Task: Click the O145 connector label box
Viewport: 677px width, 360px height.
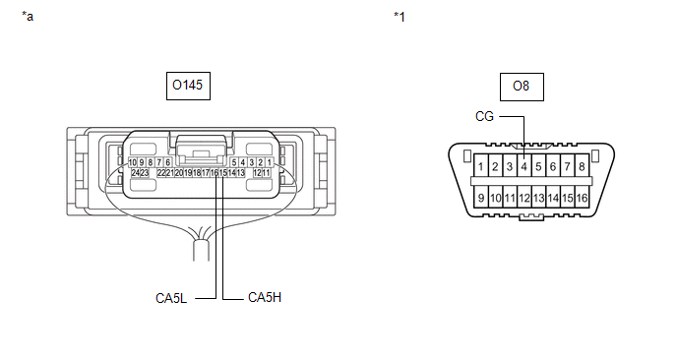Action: tap(188, 86)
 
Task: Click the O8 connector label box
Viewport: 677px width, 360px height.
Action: tap(522, 87)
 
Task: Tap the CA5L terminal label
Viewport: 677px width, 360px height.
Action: tap(171, 298)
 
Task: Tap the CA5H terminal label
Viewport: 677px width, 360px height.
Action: tap(265, 297)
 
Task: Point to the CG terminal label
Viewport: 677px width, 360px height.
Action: tap(484, 116)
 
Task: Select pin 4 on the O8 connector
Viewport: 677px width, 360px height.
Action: tap(524, 166)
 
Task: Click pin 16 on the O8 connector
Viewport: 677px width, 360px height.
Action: tap(582, 198)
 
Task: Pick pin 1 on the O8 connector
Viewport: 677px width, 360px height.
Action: tap(480, 166)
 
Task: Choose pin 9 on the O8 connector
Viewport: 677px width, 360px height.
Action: tap(480, 198)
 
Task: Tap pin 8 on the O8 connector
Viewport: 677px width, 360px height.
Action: tap(582, 166)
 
